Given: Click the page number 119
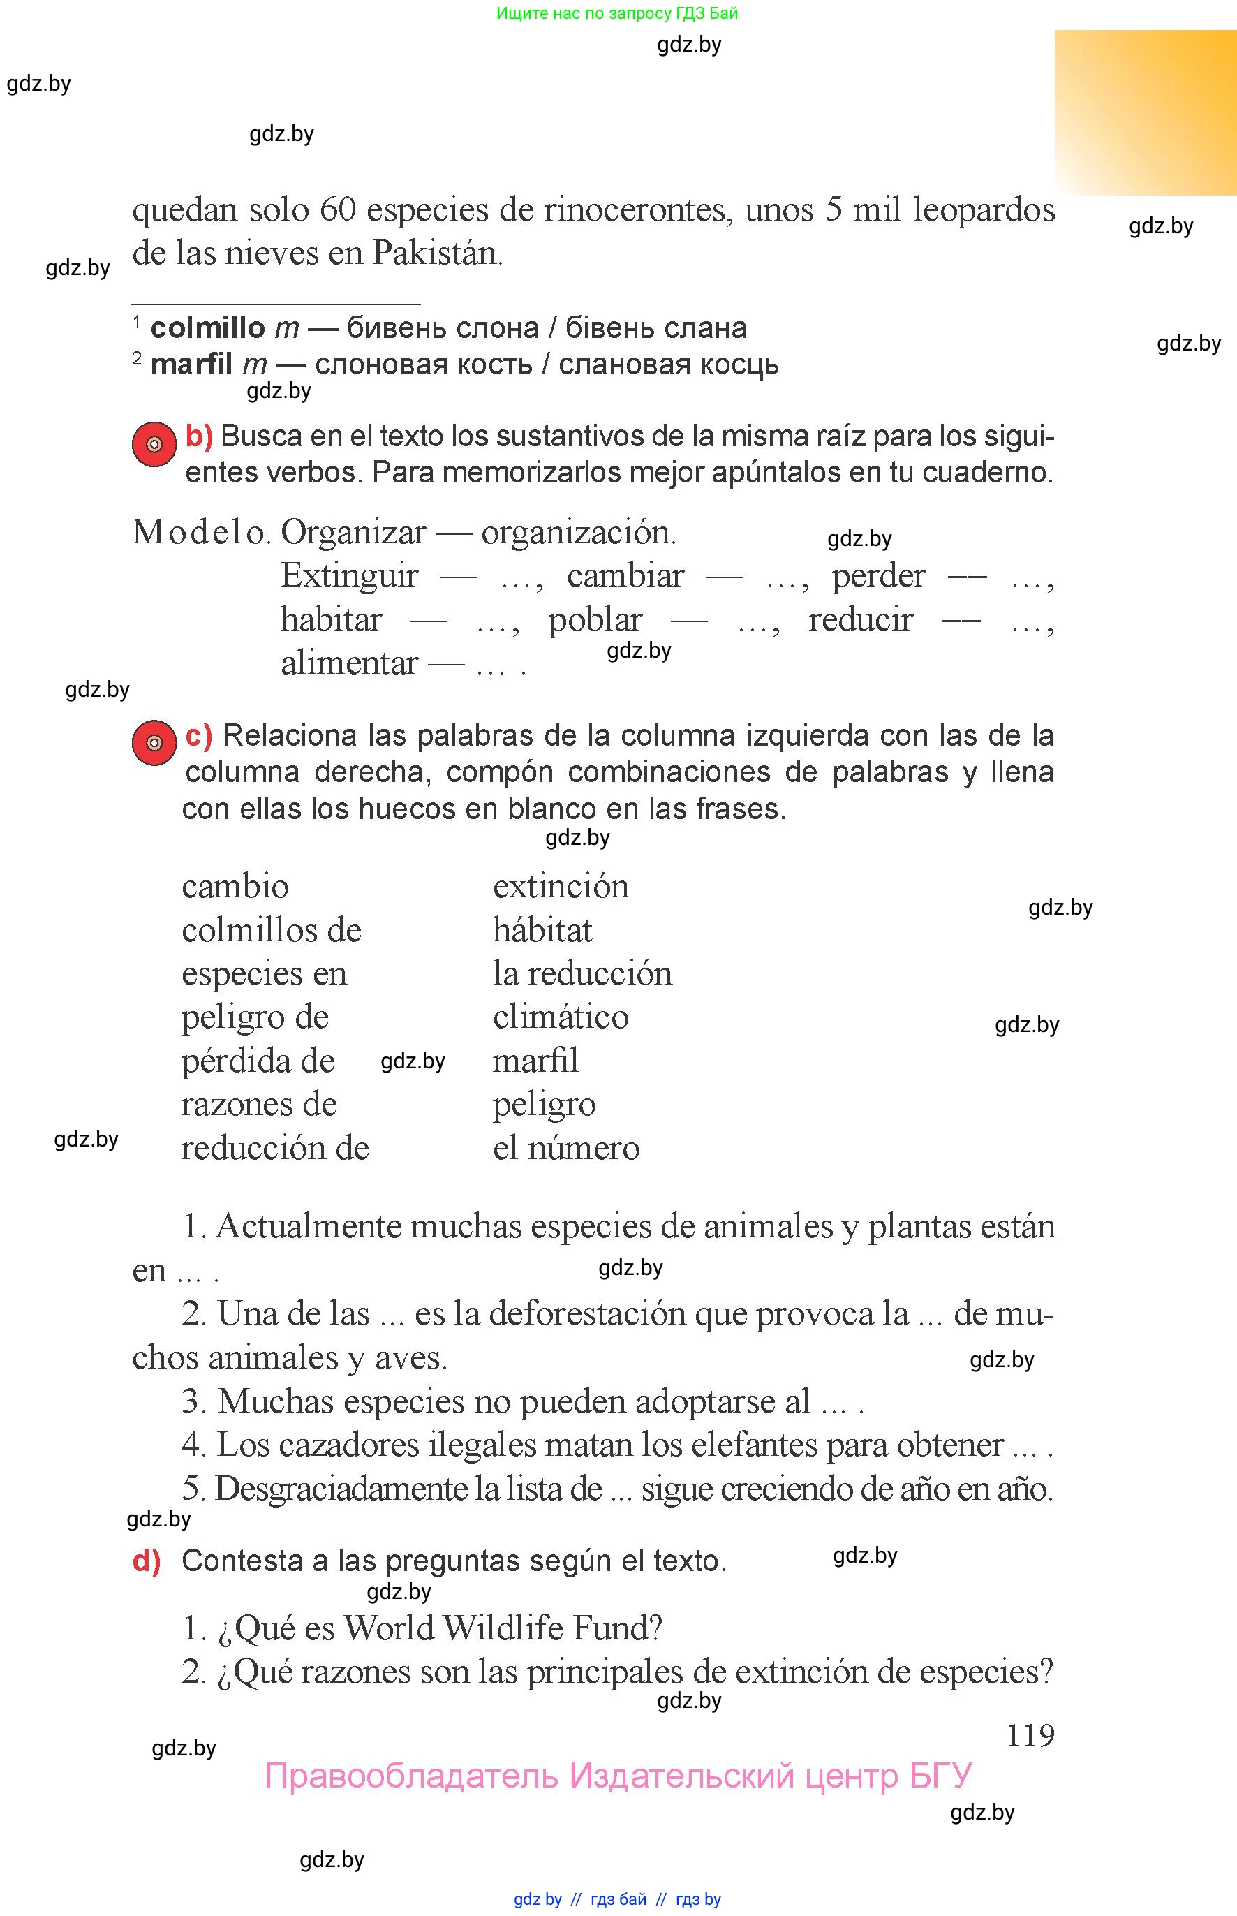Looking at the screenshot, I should (1030, 1735).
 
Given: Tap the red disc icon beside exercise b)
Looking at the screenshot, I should (154, 443).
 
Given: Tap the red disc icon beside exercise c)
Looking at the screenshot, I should (154, 742).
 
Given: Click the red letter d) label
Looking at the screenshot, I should (146, 1560).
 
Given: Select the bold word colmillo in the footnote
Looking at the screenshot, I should (207, 327).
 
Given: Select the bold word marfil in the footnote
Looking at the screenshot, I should (191, 364).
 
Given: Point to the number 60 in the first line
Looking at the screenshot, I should (337, 209).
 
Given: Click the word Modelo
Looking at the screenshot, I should (199, 532).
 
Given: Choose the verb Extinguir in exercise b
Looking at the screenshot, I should (350, 575).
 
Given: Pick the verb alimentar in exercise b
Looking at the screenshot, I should (350, 663).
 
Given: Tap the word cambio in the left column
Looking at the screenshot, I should (235, 886).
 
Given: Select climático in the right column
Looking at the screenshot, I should (561, 1017).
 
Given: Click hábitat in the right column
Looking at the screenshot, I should (542, 930).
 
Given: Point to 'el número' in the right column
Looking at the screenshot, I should (566, 1147).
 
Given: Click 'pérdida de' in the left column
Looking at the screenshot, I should (258, 1061).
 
